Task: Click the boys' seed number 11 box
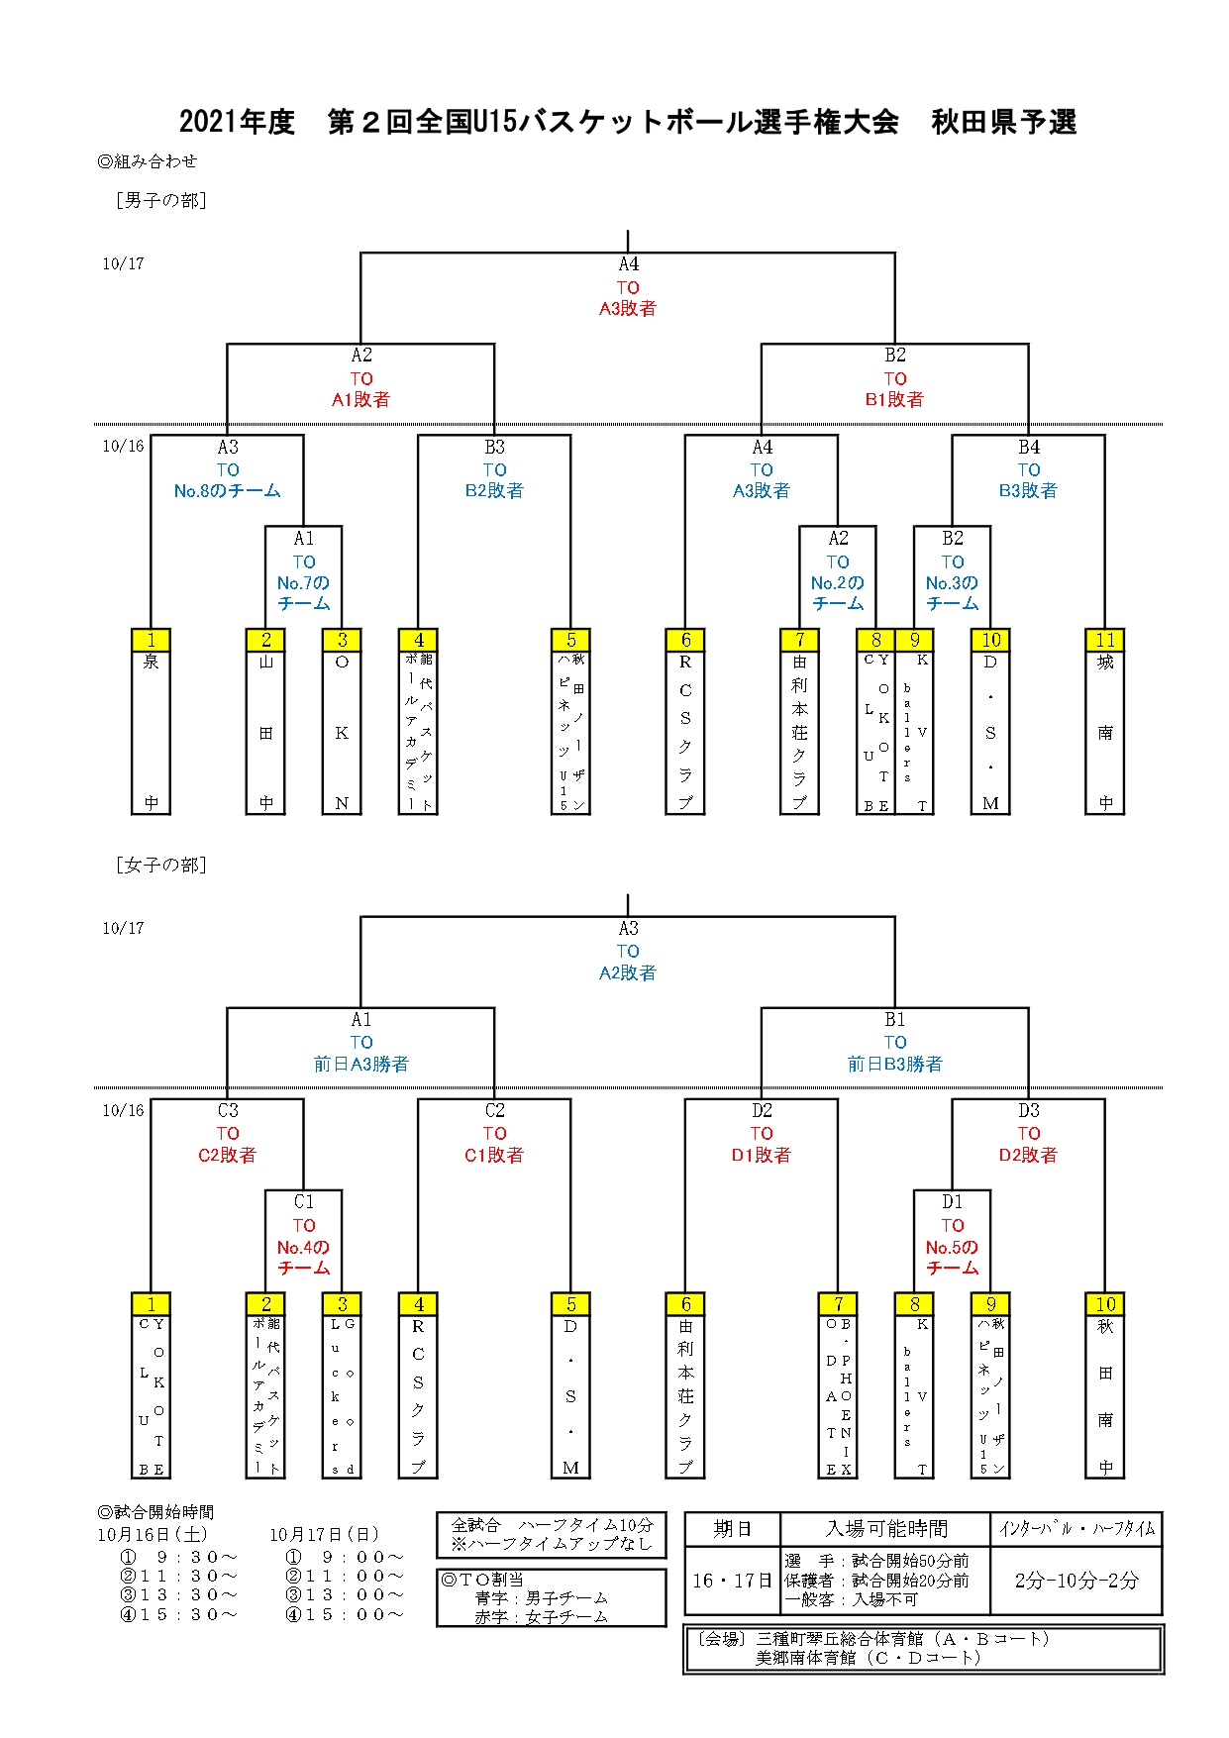pos(1105,640)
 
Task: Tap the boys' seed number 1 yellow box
pos(151,640)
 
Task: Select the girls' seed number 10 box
pos(1105,1304)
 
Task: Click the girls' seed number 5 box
pos(570,1304)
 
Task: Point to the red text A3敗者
pos(627,309)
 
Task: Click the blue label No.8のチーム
pos(227,491)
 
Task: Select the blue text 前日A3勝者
pos(360,1065)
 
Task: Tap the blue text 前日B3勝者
pos(894,1065)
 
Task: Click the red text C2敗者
pos(227,1156)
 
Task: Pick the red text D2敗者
pos(1028,1156)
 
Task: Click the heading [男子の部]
pos(160,201)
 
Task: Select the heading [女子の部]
pos(160,866)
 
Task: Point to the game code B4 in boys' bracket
pos(1029,448)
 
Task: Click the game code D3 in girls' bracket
pos(1029,1111)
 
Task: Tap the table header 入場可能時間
pos(885,1529)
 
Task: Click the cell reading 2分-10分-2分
pos(1075,1581)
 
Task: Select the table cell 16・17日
pos(732,1581)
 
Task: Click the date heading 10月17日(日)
pos(325,1535)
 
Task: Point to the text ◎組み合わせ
pos(148,161)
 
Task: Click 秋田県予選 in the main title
pos(1003,122)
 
